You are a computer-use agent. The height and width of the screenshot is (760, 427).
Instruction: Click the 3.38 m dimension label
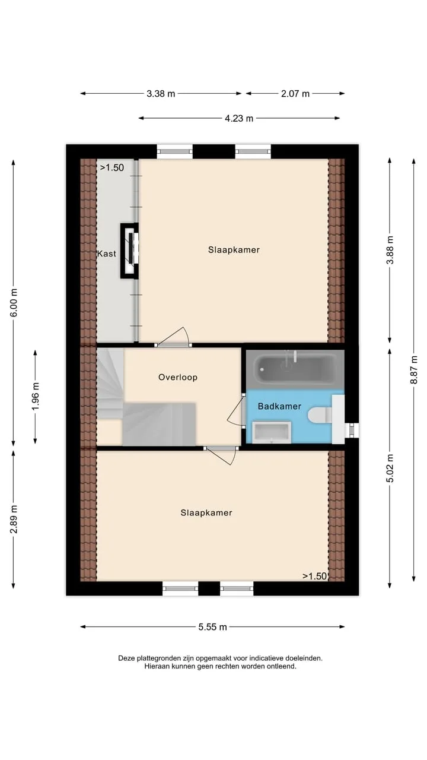[161, 94]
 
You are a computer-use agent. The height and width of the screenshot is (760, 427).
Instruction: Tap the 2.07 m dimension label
[295, 94]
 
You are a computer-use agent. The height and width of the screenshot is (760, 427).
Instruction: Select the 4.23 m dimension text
[239, 118]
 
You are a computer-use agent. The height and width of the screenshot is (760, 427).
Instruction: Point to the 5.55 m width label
[212, 627]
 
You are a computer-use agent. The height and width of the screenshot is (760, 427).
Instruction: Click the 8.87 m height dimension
[414, 369]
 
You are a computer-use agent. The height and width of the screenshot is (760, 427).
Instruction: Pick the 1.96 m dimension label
[36, 396]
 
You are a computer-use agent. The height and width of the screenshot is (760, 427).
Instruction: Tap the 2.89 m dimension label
[14, 519]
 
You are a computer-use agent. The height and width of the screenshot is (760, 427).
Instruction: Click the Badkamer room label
[279, 406]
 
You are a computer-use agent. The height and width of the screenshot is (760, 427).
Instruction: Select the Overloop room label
[178, 377]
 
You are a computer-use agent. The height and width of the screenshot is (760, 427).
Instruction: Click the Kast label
[107, 254]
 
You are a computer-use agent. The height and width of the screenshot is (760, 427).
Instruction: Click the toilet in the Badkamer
[320, 415]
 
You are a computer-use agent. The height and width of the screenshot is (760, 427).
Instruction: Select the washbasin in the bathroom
[272, 432]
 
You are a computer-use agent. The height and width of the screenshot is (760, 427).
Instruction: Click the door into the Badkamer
[237, 410]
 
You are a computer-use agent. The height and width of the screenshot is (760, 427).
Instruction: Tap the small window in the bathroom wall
[352, 430]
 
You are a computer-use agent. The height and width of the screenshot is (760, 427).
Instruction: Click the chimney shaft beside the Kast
[129, 251]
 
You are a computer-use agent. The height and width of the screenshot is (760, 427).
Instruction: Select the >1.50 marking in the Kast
[112, 167]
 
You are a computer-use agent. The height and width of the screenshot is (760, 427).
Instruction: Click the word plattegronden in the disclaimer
[158, 658]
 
